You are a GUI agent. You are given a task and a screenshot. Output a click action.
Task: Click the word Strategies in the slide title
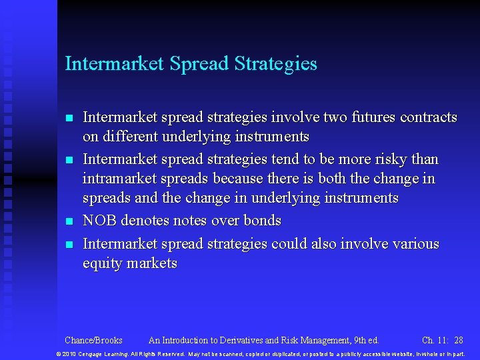(x=276, y=64)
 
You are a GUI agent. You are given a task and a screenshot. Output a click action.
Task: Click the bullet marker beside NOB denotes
(x=69, y=221)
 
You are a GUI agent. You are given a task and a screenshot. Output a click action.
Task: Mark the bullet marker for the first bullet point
(x=69, y=119)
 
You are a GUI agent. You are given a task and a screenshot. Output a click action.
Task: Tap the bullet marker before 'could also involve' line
(x=69, y=245)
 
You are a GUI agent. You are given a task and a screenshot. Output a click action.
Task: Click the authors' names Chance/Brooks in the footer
(x=93, y=341)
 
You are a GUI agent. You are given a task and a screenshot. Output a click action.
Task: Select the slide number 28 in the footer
(x=458, y=341)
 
